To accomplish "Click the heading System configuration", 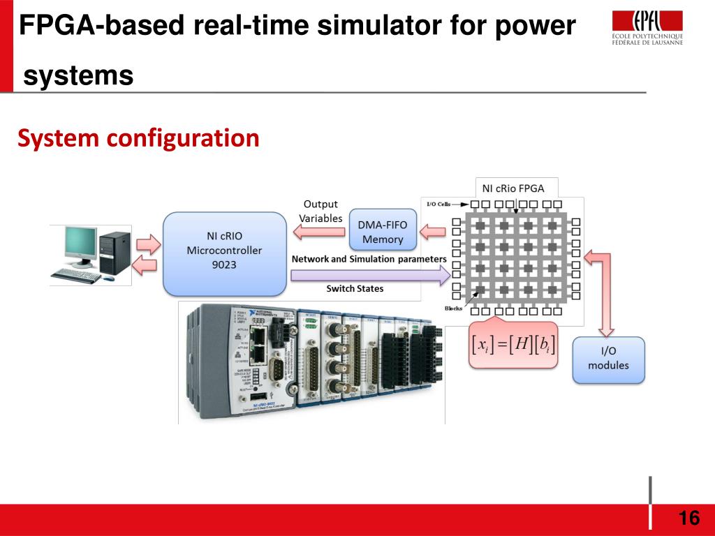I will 138,138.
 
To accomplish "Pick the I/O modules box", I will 608,359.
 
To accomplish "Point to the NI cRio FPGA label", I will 513,188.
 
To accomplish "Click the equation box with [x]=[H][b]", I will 513,345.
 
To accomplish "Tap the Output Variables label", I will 320,211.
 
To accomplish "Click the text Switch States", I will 355,288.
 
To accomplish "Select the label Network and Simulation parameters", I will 369,259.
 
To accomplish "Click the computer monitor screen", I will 81,244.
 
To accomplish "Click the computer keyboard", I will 75,276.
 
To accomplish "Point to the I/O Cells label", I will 438,204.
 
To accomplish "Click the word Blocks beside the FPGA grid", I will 454,308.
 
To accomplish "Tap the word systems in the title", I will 78,75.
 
